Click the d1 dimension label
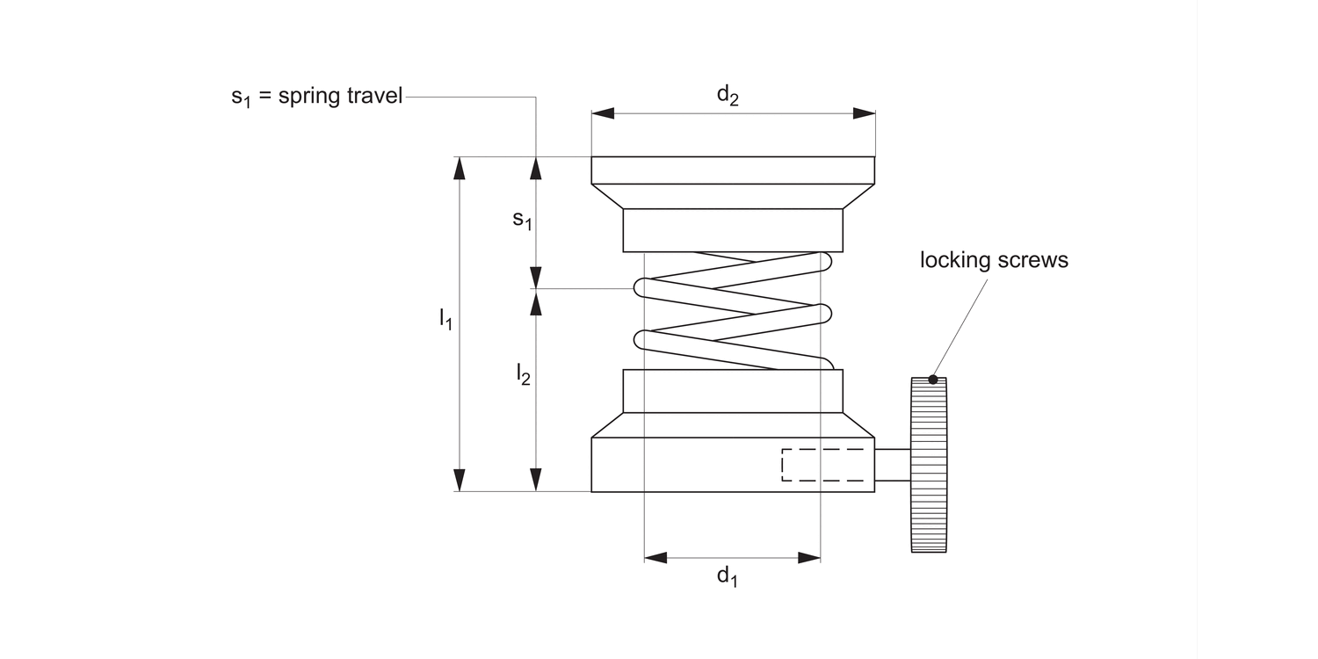(x=727, y=576)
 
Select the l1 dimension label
(x=445, y=319)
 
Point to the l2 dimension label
(x=523, y=374)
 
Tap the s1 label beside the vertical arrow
(x=522, y=220)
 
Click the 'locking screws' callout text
(x=994, y=260)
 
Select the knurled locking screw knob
(x=929, y=464)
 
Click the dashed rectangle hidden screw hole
(x=822, y=465)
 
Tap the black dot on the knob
(x=933, y=380)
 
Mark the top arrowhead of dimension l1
(x=458, y=168)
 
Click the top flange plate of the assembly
(x=733, y=170)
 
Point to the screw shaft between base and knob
(x=893, y=464)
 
